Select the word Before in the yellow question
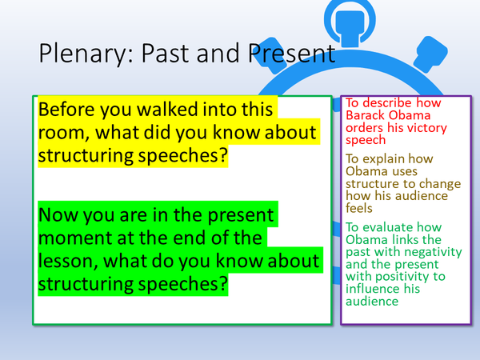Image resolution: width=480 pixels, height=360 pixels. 70,109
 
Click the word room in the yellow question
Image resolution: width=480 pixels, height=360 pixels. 66,133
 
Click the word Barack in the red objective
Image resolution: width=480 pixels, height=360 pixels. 364,117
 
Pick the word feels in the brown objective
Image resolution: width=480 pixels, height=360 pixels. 360,207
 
